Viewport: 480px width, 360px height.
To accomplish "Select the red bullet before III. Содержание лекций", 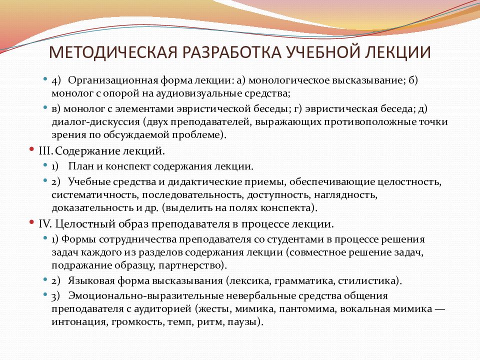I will pyautogui.click(x=32, y=149).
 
